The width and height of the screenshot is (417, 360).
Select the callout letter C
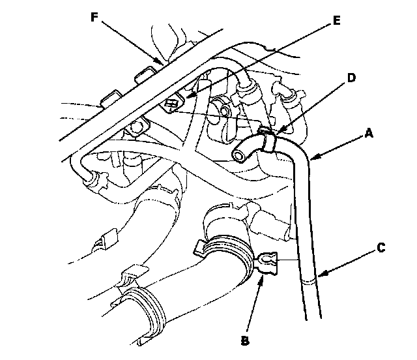(x=381, y=248)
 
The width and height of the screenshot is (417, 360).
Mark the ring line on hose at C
(x=312, y=281)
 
